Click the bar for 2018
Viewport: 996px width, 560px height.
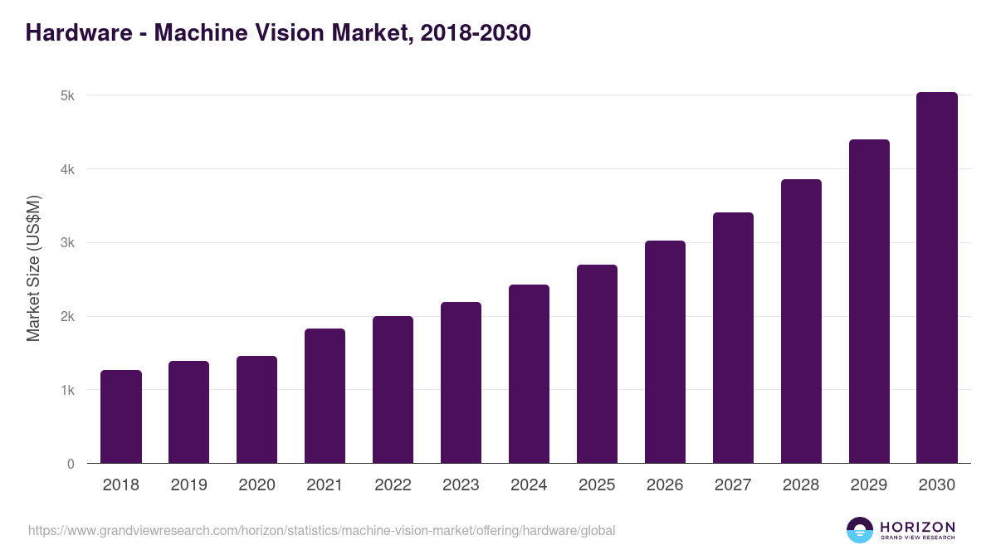121,416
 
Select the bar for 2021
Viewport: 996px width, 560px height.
325,396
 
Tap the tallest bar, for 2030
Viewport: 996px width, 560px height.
937,278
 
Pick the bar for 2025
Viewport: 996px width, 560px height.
597,364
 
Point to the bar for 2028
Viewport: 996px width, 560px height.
801,321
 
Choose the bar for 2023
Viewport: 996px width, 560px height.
461,382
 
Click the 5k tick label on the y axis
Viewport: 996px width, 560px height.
67,96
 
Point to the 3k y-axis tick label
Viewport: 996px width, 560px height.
67,243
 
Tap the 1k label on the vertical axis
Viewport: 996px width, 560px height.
67,390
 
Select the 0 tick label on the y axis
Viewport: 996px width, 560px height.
71,464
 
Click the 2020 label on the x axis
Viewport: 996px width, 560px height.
256,485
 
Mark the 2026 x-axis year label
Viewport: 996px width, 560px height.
665,485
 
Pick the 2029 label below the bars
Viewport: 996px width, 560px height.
869,485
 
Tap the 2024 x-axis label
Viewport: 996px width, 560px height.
529,485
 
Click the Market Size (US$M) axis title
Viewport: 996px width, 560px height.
33,268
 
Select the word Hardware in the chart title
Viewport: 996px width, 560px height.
79,33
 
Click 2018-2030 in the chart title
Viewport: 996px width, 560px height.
476,33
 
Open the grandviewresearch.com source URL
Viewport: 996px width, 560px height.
322,530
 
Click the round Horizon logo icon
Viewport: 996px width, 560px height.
860,530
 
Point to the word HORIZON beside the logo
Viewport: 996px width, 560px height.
917,527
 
